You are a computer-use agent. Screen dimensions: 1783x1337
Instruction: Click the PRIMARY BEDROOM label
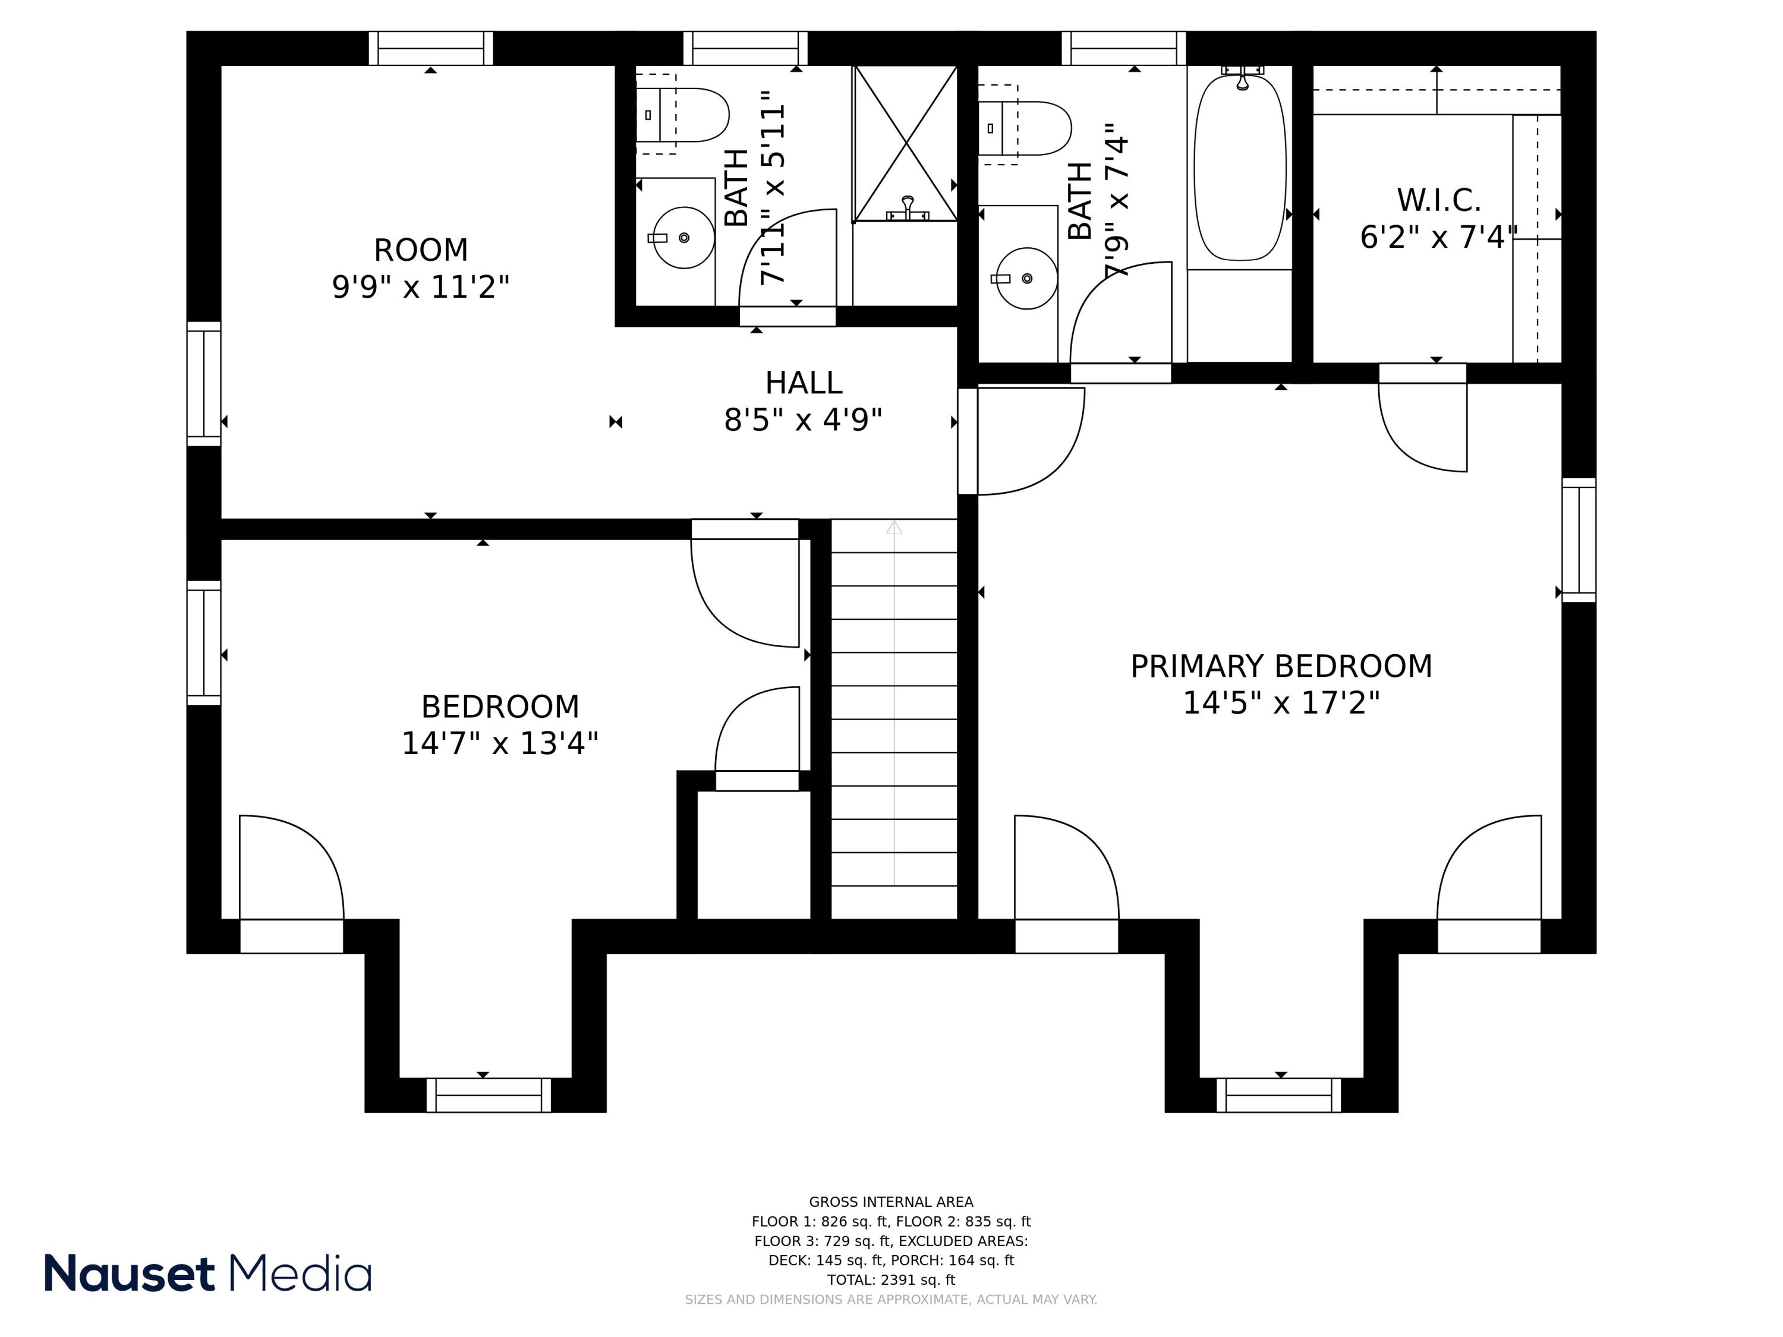(x=1281, y=667)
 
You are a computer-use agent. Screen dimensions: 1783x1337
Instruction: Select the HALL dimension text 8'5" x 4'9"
(x=803, y=420)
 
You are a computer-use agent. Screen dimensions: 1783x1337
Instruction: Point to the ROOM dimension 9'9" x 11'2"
(x=421, y=287)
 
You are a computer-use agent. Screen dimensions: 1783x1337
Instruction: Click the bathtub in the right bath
(x=1240, y=168)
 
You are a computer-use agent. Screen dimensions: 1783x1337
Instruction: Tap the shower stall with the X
(x=905, y=143)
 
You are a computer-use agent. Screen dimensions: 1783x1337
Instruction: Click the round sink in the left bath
(x=683, y=238)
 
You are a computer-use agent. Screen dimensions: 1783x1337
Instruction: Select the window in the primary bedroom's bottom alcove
(x=1278, y=1095)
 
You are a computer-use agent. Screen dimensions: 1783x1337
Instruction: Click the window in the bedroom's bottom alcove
(x=489, y=1095)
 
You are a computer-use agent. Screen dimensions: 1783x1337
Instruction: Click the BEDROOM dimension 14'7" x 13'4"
(x=500, y=743)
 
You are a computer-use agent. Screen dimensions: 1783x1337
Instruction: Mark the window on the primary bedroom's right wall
(x=1579, y=540)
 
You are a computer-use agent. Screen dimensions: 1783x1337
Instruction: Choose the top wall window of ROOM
(x=431, y=48)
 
